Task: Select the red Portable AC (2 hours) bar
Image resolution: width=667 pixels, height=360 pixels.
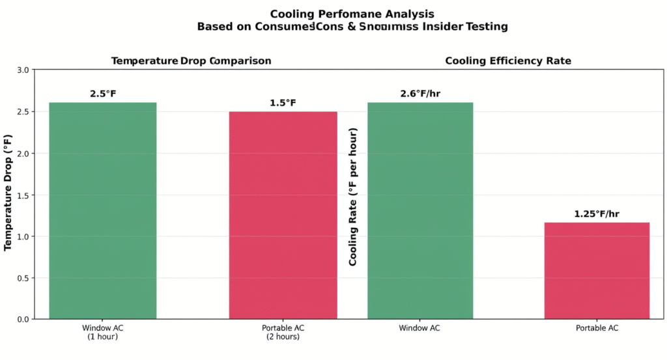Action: coord(283,215)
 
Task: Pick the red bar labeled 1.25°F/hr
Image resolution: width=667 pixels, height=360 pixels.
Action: coord(597,270)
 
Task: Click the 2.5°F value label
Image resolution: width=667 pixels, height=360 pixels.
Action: coord(103,94)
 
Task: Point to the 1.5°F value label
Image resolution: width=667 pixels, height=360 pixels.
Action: coord(283,103)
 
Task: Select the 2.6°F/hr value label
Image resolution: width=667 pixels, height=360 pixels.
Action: coord(420,94)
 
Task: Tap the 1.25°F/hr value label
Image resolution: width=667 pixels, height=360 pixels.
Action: coord(597,214)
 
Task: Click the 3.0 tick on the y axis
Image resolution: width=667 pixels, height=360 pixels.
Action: coord(22,70)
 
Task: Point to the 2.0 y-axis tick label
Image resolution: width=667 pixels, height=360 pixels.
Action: coord(22,154)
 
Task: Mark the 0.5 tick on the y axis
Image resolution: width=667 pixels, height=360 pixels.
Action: coord(22,278)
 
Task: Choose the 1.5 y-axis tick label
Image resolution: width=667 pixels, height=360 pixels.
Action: coord(22,195)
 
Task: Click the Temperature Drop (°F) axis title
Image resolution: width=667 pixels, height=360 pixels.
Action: coord(8,193)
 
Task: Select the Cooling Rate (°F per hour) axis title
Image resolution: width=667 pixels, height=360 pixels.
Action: coord(353,197)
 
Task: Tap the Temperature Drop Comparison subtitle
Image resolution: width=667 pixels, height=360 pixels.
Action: coord(191,61)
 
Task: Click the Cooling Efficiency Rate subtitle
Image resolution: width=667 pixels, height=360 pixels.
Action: coord(508,61)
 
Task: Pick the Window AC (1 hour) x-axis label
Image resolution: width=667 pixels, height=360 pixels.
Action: coord(102,332)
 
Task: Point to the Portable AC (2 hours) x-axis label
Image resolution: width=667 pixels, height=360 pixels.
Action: coord(283,332)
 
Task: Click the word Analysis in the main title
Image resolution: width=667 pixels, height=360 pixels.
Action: coord(408,14)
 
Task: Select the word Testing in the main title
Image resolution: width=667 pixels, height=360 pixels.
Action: coord(487,27)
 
